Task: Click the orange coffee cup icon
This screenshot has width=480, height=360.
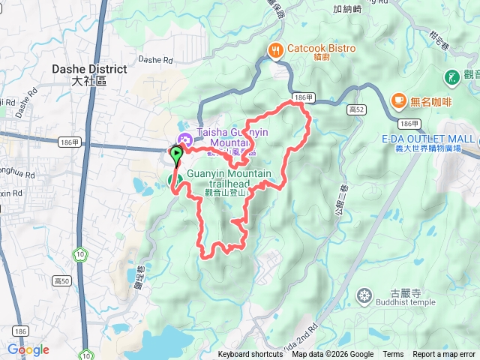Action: coord(398,100)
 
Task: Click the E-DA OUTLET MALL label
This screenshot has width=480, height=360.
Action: coord(427,139)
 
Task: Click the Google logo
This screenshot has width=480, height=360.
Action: coord(28,349)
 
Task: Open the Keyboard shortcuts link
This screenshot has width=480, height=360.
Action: coord(250,355)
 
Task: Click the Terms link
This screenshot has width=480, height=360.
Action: coord(393,355)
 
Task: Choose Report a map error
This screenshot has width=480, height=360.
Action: coord(444,355)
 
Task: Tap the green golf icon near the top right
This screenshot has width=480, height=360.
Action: coord(452,76)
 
